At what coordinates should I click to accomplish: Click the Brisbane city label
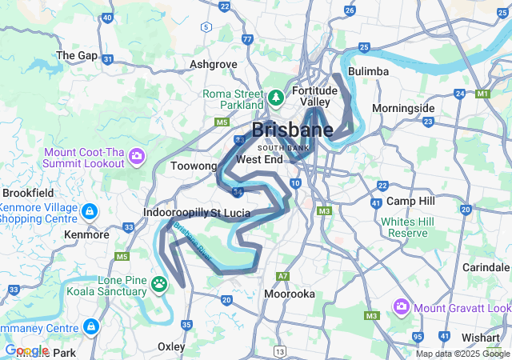(x=293, y=130)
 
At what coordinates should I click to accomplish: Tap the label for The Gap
(x=76, y=56)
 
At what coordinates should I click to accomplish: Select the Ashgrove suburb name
(x=213, y=64)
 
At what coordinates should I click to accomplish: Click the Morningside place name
(x=403, y=108)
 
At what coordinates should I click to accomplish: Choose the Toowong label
(x=194, y=166)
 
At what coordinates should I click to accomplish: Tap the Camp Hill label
(x=410, y=201)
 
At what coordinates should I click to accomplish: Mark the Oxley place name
(x=171, y=347)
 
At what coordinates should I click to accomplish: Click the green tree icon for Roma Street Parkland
(x=276, y=98)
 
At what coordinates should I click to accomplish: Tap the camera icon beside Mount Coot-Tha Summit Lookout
(x=137, y=155)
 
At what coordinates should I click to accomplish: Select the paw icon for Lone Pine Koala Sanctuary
(x=160, y=283)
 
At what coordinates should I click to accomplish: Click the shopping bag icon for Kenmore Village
(x=90, y=212)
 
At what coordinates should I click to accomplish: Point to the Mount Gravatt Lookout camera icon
(x=401, y=307)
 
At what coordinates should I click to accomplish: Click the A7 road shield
(x=282, y=276)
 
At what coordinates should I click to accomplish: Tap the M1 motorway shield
(x=482, y=94)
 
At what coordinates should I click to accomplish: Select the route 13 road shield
(x=278, y=351)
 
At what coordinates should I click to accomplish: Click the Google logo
(x=26, y=350)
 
